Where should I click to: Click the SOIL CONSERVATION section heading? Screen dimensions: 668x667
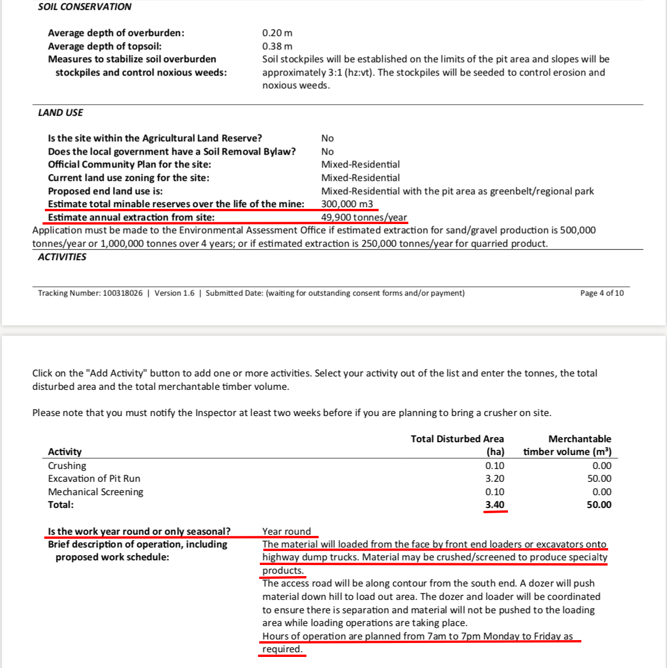84,7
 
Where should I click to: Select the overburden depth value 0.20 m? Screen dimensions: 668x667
277,33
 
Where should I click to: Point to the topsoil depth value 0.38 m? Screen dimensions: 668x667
277,46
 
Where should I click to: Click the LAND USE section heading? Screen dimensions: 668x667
61,112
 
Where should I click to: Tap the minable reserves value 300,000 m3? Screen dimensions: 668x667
347,204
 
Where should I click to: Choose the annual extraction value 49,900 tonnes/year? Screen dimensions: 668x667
364,218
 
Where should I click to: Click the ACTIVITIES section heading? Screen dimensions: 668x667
62,257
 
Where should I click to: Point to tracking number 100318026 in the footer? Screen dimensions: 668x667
122,293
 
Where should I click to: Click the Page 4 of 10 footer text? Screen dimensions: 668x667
602,293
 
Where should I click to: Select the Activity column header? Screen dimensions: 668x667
65,452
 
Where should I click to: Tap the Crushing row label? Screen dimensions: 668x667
67,466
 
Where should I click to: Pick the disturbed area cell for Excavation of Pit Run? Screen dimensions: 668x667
495,478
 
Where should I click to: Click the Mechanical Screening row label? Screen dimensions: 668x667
96,492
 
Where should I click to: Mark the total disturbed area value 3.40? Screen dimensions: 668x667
495,504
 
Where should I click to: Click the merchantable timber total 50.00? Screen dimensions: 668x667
599,504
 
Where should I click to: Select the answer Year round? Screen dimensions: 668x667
287,531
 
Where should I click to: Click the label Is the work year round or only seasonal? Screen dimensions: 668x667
139,531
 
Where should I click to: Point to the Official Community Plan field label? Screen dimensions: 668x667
129,165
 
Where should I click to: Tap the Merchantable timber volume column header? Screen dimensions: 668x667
567,445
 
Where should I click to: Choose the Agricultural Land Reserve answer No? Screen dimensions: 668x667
327,138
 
